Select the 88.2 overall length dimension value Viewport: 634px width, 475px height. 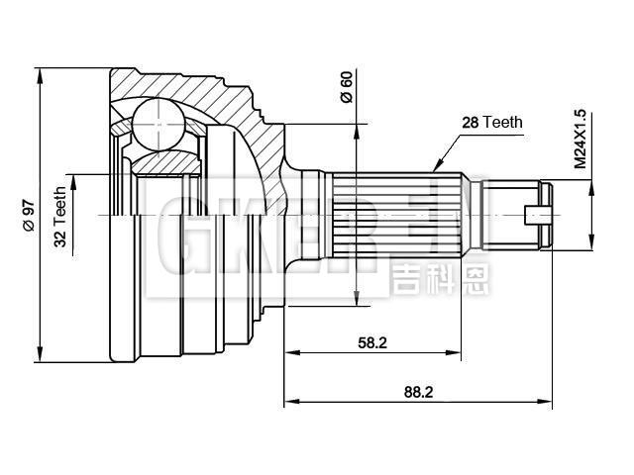point(418,392)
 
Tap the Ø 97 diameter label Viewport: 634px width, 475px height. point(28,214)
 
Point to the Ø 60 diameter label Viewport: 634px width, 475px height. point(347,89)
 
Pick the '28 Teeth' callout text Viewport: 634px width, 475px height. point(492,123)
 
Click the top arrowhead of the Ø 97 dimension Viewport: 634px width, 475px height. point(40,70)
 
